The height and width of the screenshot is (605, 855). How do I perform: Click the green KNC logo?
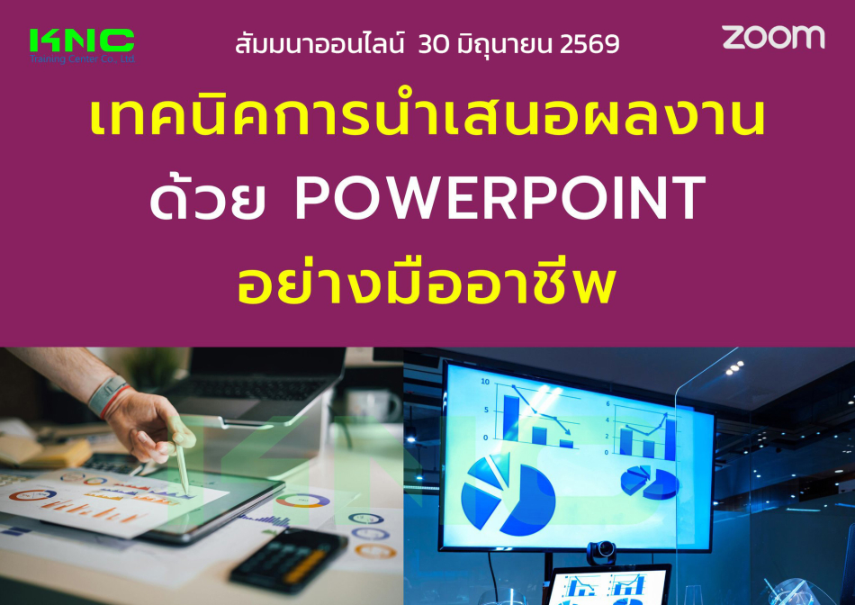82,41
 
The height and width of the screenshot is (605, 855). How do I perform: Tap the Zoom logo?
773,37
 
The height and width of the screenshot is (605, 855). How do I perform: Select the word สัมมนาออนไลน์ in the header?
320,43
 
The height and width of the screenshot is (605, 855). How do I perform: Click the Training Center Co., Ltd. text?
82,59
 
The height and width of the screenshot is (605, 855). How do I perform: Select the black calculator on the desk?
289,559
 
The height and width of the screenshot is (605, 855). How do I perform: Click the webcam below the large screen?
601,553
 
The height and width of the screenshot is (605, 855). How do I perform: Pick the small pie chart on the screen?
650,481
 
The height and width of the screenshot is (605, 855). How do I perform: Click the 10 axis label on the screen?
485,382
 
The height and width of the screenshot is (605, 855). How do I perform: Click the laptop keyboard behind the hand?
261,387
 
